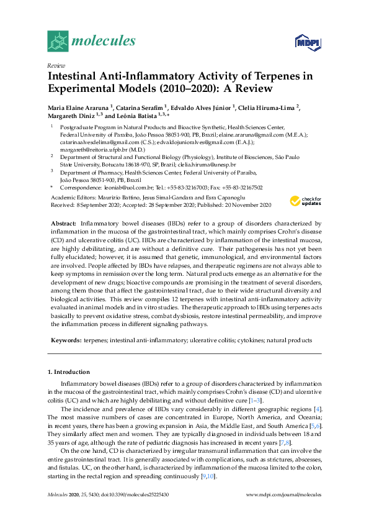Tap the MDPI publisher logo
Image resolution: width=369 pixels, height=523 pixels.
306,42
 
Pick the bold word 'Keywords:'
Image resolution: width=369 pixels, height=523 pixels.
64,340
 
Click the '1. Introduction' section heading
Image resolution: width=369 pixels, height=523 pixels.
69,371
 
